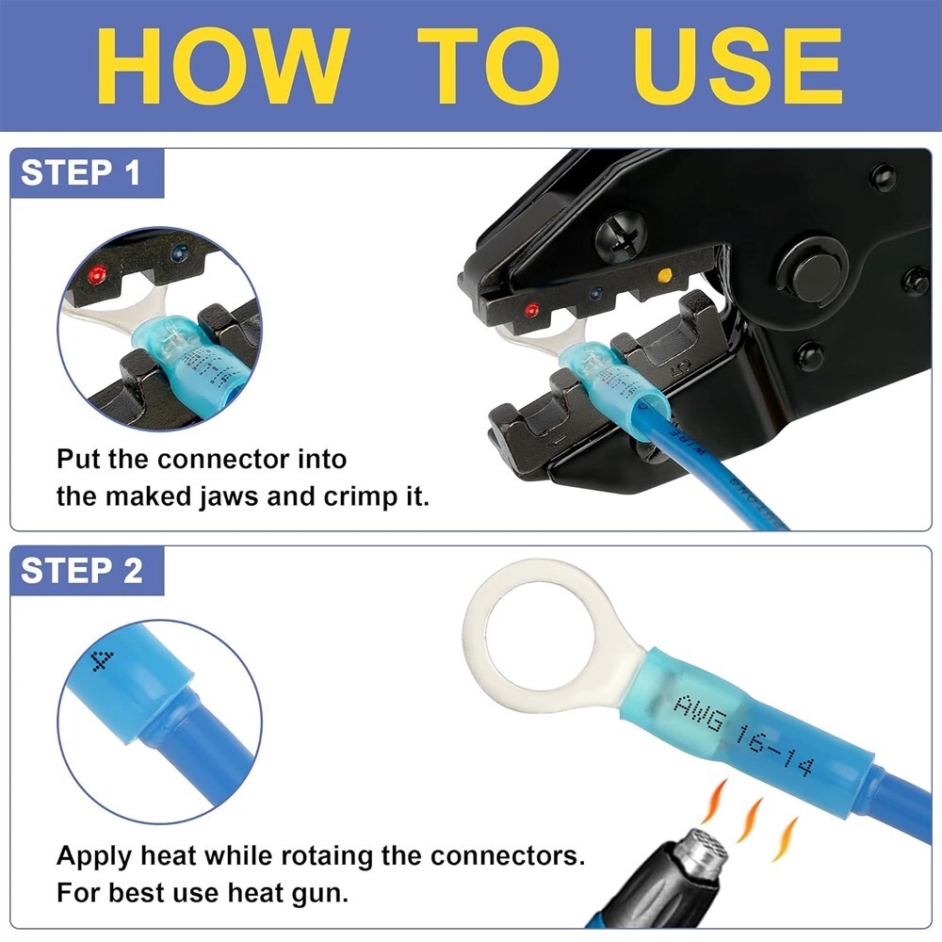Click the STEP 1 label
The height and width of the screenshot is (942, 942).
pyautogui.click(x=81, y=173)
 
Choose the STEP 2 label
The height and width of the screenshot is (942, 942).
pyautogui.click(x=81, y=571)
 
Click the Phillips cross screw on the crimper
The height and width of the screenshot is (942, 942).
pyautogui.click(x=622, y=232)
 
